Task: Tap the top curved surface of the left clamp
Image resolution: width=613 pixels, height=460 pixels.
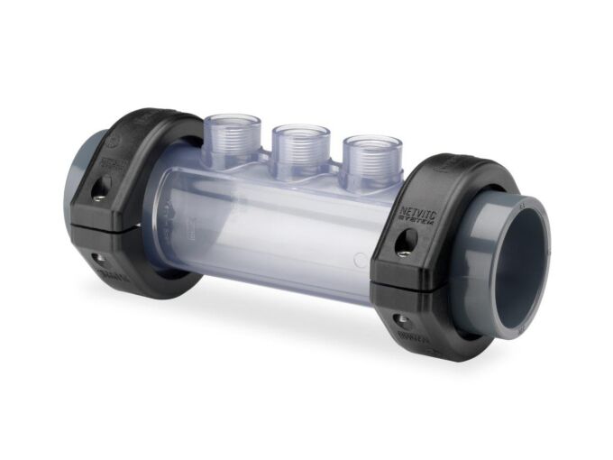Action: (153, 122)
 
